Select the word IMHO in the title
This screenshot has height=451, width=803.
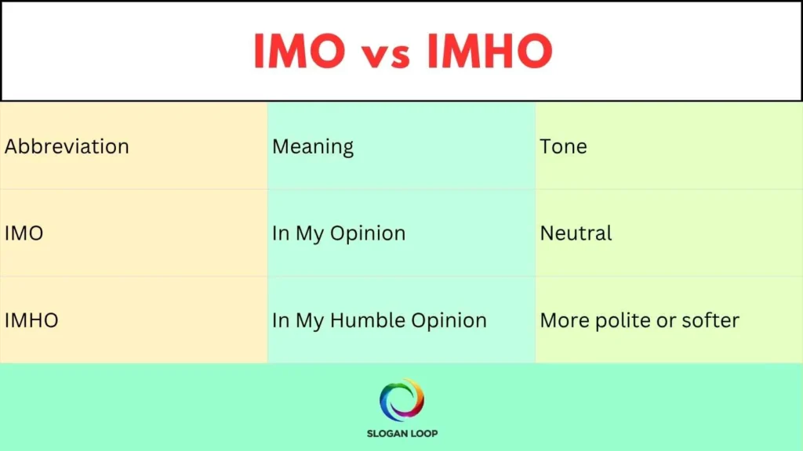[490, 52]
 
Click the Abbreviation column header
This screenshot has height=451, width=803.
[67, 146]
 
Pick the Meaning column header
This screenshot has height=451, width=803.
[313, 146]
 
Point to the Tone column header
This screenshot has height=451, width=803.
[563, 146]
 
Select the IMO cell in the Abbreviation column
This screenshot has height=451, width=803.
[24, 233]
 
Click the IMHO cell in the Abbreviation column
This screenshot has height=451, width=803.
[31, 320]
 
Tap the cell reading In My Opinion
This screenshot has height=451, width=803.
[339, 233]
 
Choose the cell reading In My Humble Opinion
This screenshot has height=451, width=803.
[380, 320]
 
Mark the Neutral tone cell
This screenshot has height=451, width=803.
[576, 233]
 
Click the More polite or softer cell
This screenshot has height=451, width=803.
[640, 320]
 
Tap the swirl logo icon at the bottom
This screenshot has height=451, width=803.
[401, 400]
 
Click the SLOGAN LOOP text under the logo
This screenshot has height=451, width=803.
[401, 433]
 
